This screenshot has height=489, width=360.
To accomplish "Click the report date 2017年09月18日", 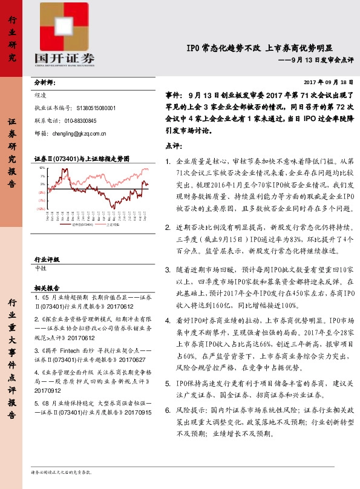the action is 327,82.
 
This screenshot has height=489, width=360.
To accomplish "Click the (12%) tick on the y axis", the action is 41,208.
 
